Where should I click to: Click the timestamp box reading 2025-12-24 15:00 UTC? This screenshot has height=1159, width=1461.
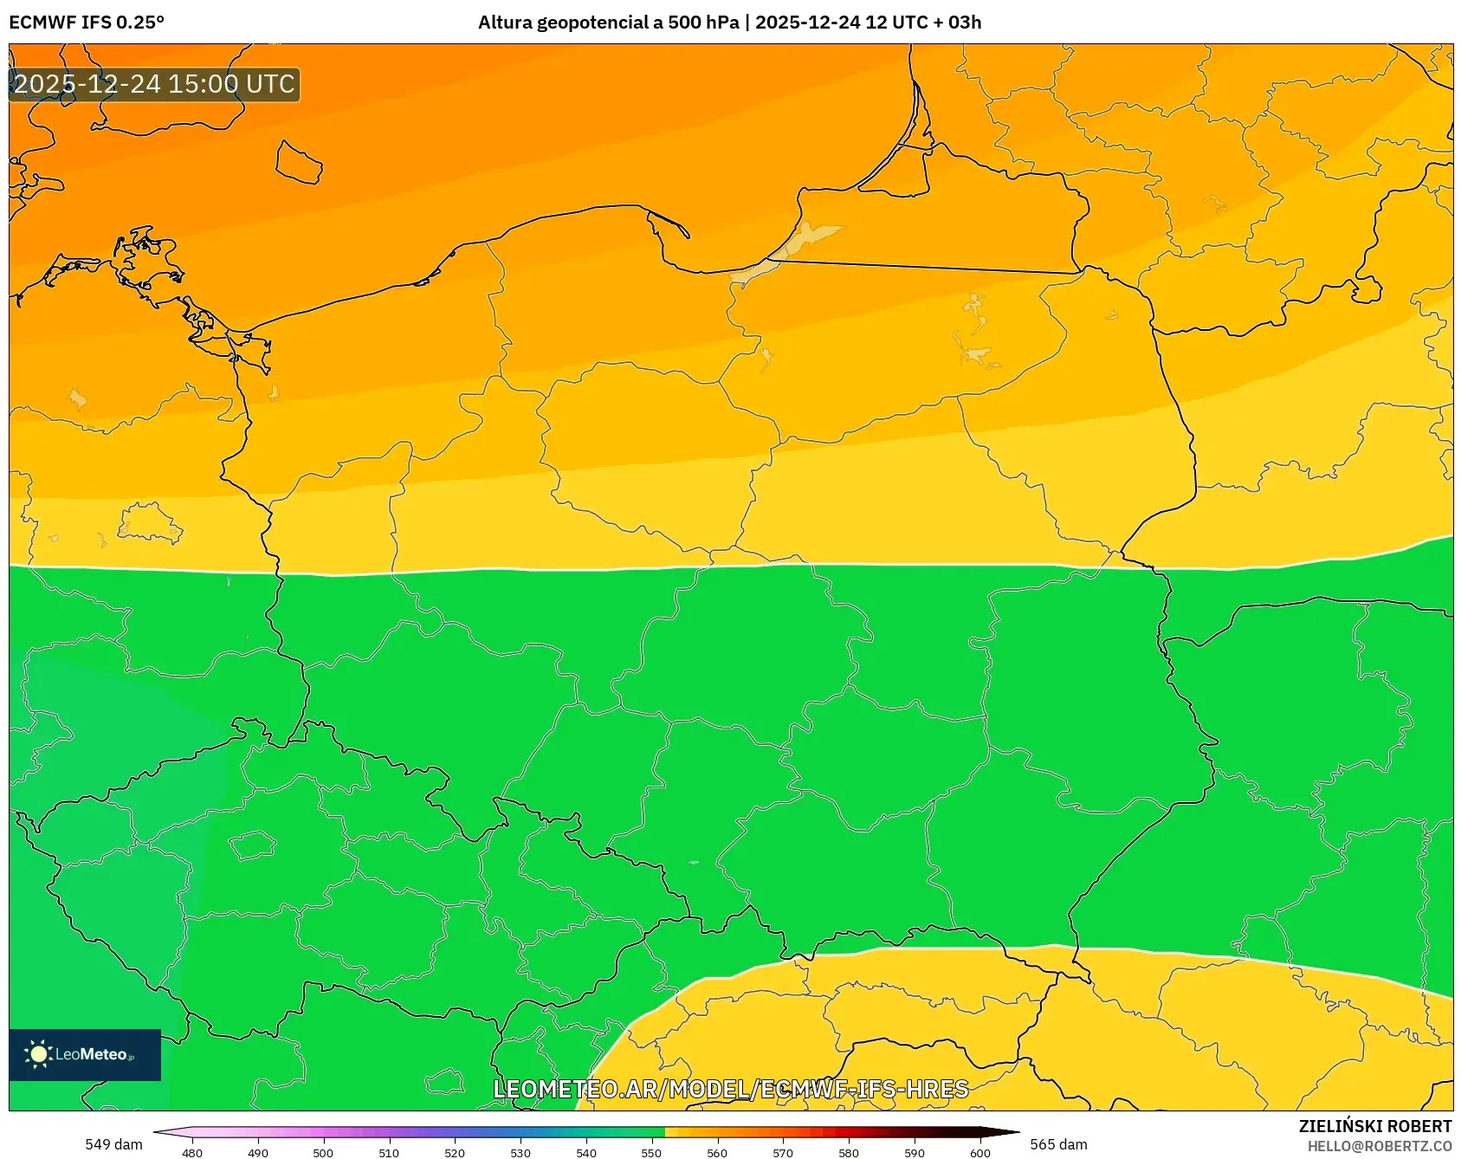pos(154,84)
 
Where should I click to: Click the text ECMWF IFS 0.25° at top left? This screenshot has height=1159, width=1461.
pos(86,23)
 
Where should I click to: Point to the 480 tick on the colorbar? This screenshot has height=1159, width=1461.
pos(192,1152)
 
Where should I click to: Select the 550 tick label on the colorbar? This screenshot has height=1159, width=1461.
pos(651,1152)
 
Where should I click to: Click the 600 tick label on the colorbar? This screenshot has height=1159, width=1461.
pos(979,1152)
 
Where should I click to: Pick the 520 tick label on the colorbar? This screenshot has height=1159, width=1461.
pos(455,1152)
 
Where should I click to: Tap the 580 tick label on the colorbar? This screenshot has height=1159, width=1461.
pos(849,1152)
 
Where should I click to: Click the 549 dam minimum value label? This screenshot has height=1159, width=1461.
pos(113,1144)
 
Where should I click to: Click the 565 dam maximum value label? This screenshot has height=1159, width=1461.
pos(1058,1144)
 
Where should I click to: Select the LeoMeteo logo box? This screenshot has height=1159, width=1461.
pos(85,1054)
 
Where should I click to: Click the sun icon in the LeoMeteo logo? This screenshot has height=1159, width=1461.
pos(38,1054)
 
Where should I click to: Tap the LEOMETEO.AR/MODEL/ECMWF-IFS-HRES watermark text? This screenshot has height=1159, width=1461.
pos(730,1089)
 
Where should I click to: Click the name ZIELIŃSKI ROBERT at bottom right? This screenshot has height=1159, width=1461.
pos(1374,1126)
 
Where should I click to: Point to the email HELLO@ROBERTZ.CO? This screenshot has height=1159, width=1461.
pos(1379,1146)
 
